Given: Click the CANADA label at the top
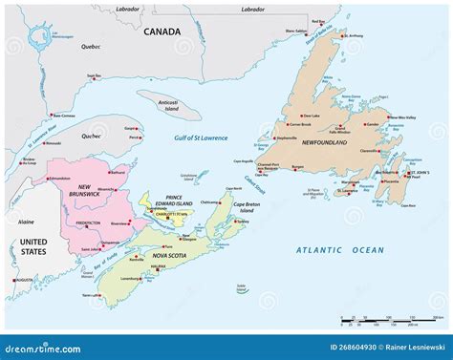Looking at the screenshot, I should coord(162,32).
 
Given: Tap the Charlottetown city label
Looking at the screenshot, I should coord(169,215).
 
